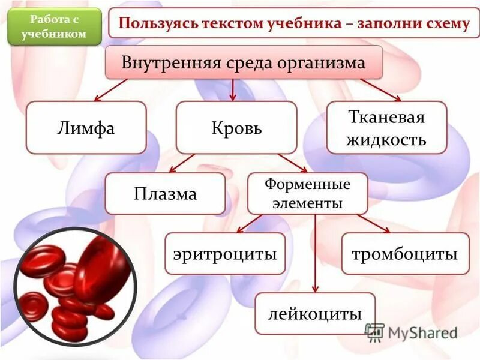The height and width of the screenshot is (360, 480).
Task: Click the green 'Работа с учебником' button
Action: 54,27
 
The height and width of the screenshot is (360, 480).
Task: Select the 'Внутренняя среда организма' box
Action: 244,62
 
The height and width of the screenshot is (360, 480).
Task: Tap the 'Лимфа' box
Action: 86,127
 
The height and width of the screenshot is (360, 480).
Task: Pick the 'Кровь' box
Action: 236,127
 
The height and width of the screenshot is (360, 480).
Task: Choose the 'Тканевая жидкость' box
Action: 387,127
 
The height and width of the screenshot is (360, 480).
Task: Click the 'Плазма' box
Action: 165,194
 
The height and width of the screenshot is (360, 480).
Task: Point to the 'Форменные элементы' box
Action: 308,194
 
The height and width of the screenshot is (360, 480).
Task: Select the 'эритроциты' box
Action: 225,254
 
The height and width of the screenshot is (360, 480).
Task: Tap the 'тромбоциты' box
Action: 405,254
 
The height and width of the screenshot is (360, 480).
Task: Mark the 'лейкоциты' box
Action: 315,313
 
